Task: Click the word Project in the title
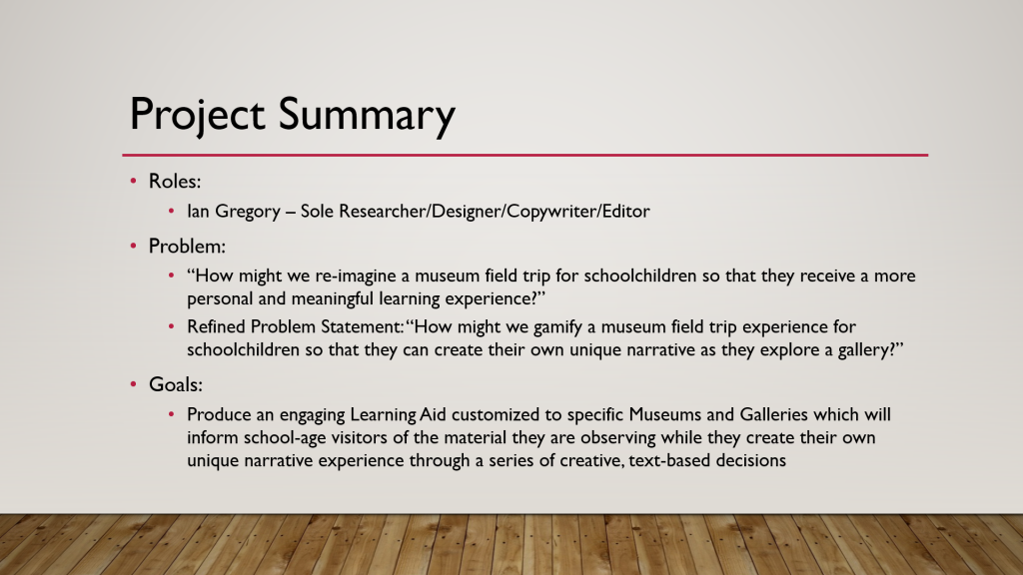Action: (197, 116)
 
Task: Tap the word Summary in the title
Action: (368, 116)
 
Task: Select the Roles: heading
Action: (175, 182)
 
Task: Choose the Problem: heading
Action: (187, 247)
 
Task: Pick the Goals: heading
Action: (176, 384)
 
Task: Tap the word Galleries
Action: (774, 414)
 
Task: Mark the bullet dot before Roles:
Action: (133, 181)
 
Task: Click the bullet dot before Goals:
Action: (133, 384)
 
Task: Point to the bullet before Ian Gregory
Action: (172, 211)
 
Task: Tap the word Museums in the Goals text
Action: (665, 414)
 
